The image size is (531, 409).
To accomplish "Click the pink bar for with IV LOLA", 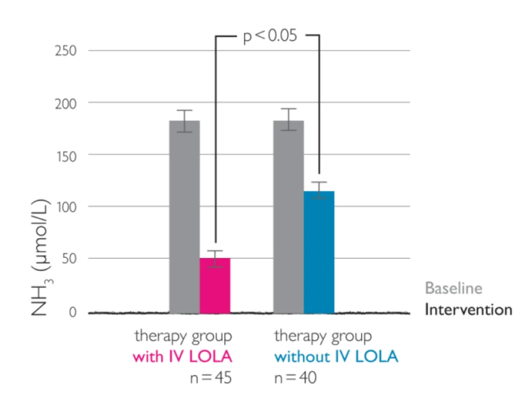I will [x=215, y=285].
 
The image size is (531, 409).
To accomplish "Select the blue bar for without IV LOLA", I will [x=319, y=251].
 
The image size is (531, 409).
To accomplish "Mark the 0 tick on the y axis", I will [x=72, y=311].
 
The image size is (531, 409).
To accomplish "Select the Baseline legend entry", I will [x=453, y=288].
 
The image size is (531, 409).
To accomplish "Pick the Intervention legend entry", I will [x=468, y=310].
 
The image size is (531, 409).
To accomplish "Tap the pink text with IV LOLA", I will [x=182, y=358].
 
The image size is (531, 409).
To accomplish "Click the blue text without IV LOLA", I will [x=336, y=358].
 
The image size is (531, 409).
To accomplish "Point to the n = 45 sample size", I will [x=209, y=379].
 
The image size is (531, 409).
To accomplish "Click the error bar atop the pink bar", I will [x=215, y=259].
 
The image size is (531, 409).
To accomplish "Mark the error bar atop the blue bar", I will [x=319, y=190].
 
